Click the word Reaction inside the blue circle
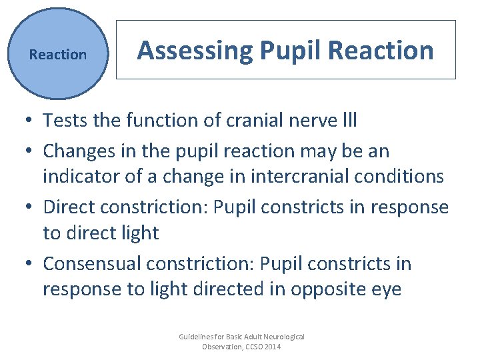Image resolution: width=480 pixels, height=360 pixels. click(58, 55)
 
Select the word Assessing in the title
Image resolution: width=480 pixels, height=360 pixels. click(194, 51)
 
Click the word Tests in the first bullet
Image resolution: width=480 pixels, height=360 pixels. click(63, 121)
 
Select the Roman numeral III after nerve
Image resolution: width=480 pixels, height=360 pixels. click(349, 121)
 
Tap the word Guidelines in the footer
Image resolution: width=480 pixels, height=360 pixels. click(197, 337)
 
